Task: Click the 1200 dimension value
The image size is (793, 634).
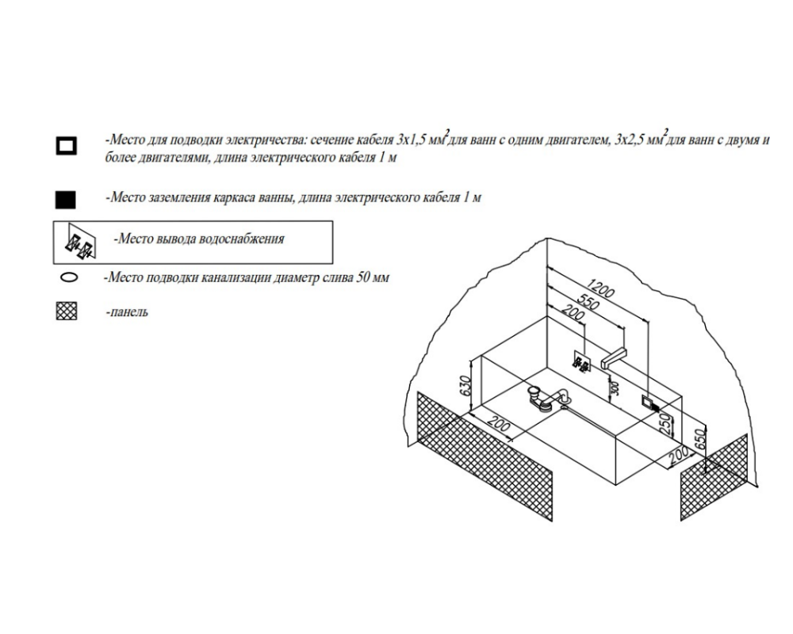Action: pos(601,289)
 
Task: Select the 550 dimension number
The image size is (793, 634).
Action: pos(588,302)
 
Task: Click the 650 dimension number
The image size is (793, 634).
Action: pos(700,441)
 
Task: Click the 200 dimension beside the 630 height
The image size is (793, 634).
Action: pos(500,425)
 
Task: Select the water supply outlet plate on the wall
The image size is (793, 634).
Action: pos(582,361)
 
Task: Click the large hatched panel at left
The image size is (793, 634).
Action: pos(484,456)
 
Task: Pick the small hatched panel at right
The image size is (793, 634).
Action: pos(714,477)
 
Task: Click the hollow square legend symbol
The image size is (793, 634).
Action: pos(67,146)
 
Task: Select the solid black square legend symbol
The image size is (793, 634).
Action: pos(65,200)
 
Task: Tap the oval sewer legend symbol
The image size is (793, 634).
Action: pos(69,277)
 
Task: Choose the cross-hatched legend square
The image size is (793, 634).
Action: pos(67,311)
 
